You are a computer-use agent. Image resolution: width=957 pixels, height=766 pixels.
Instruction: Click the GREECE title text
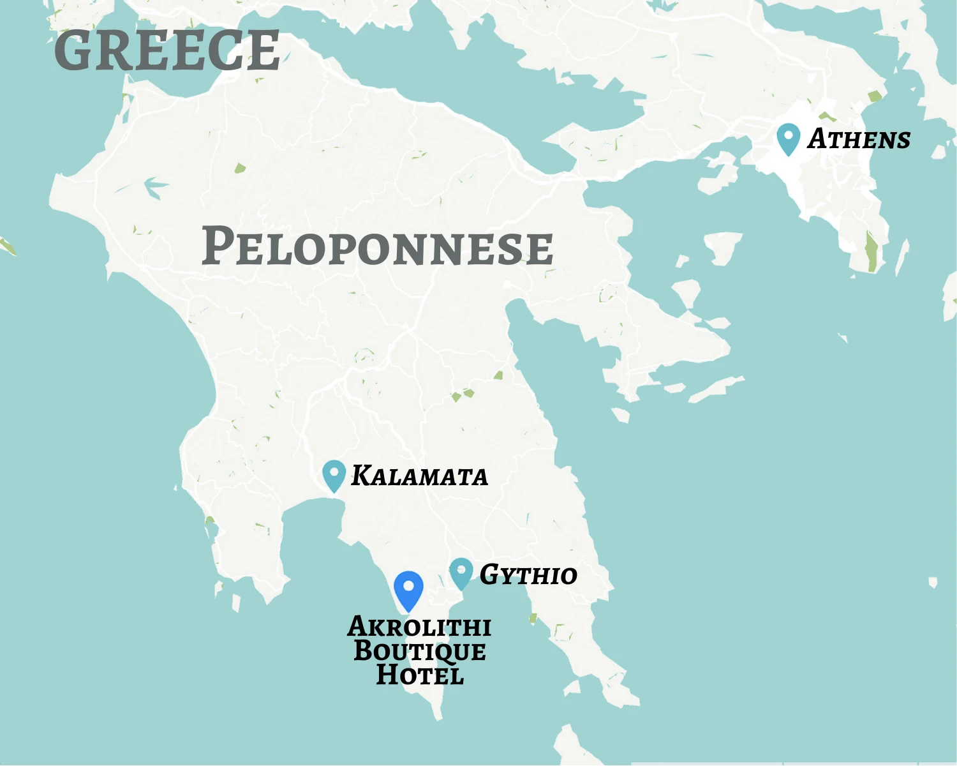[167, 50]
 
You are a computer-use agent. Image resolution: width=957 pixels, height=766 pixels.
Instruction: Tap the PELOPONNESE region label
[377, 246]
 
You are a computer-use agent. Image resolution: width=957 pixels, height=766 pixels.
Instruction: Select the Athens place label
[859, 139]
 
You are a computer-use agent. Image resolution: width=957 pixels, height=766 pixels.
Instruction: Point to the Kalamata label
[419, 476]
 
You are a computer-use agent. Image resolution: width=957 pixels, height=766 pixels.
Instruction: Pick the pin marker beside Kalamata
[334, 475]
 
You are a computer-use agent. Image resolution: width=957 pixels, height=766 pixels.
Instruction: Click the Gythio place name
[528, 575]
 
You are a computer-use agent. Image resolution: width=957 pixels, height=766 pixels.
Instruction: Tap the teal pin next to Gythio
[461, 573]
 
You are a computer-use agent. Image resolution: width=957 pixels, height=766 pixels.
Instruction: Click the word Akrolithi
[419, 627]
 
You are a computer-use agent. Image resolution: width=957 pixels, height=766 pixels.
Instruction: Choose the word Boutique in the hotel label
[419, 651]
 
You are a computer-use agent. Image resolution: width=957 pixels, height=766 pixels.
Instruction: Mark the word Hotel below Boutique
[419, 675]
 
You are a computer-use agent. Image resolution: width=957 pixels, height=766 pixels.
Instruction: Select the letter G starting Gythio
[489, 574]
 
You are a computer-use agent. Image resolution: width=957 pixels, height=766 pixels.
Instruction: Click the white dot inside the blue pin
[408, 585]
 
